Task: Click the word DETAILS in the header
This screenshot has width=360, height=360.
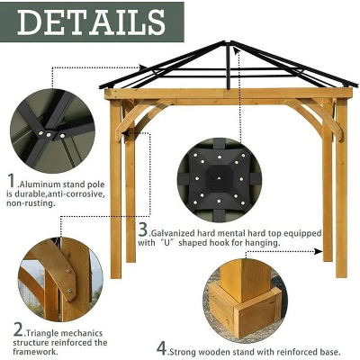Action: coord(90,22)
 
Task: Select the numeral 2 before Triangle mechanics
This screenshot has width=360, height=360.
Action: coord(18,330)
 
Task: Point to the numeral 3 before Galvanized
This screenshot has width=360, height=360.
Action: coord(143,231)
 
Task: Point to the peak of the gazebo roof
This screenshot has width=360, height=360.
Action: coord(231,42)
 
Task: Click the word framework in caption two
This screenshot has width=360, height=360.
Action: coord(37,352)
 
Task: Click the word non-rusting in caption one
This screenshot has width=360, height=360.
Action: coord(31,203)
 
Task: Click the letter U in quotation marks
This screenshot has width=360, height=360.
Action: coord(167,242)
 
